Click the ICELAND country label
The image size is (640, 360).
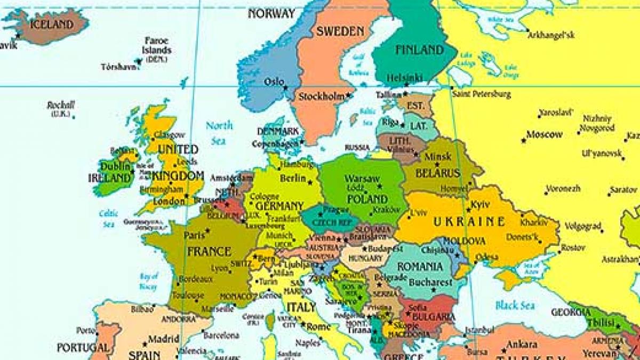[x=52, y=25]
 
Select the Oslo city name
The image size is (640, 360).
[x=274, y=82]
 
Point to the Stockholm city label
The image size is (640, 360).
[x=321, y=97]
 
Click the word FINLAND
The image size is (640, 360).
[x=419, y=50]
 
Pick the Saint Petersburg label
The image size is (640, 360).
[x=481, y=94]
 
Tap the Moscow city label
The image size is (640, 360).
[x=544, y=134]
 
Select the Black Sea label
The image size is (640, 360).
[x=515, y=305]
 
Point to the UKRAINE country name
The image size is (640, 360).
[x=469, y=222]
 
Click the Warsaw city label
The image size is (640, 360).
[x=362, y=178]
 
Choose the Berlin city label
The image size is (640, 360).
[x=293, y=178]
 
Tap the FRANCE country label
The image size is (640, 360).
[x=209, y=251]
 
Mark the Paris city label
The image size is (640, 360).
[x=195, y=235]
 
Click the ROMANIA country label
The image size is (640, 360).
[x=420, y=266]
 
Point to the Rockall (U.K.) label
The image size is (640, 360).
[x=61, y=108]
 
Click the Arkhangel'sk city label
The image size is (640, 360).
[x=551, y=35]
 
